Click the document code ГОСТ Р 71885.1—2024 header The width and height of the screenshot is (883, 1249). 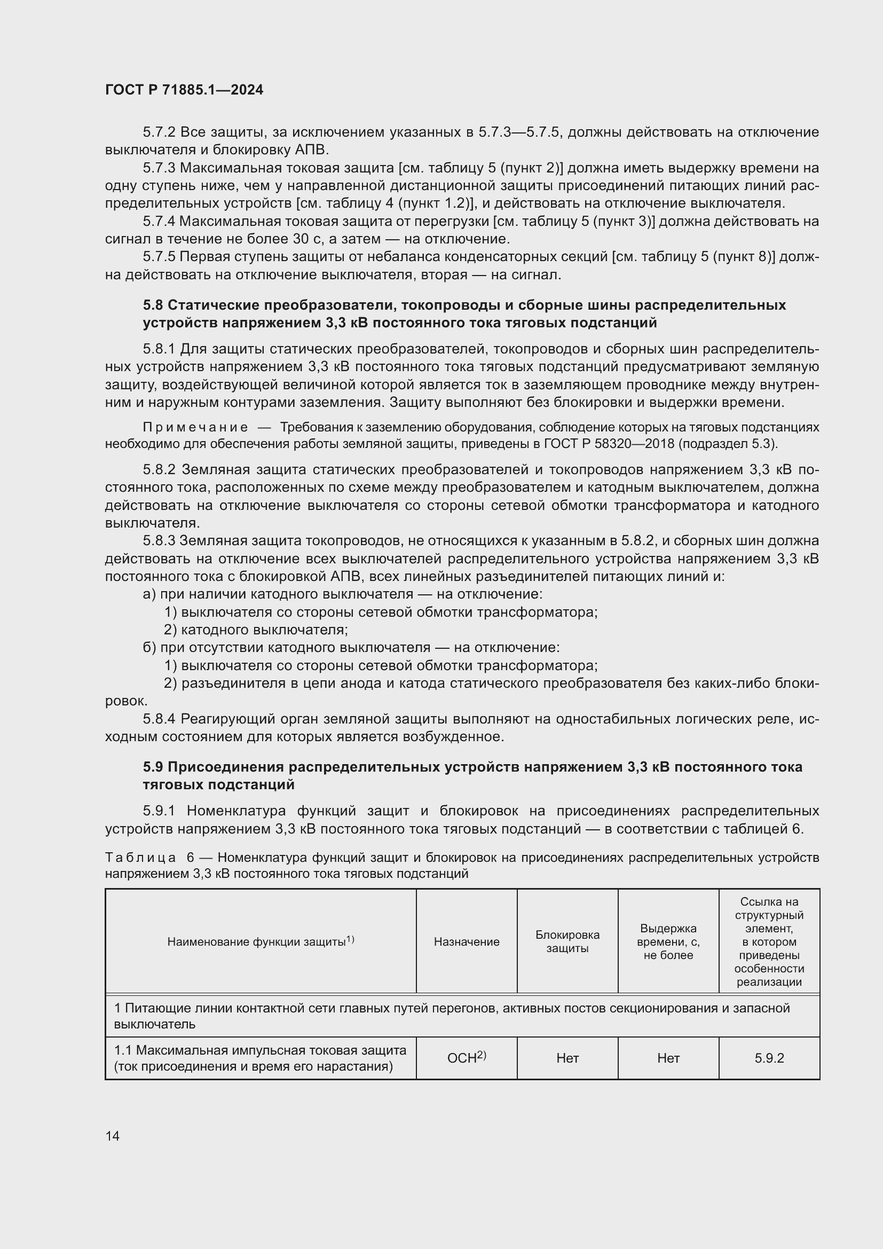[184, 90]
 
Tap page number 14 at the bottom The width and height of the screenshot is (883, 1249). [113, 1136]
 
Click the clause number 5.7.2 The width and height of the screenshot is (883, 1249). [159, 132]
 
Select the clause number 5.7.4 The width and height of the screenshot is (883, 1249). [159, 222]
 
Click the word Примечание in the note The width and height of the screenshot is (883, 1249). [195, 428]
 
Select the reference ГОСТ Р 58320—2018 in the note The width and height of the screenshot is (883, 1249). [609, 444]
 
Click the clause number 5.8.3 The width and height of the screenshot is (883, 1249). [159, 541]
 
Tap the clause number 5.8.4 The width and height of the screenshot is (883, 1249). [159, 719]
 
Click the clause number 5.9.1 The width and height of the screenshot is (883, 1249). [159, 811]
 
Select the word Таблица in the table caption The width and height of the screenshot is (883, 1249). [140, 858]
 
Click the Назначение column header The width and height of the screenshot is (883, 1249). [467, 941]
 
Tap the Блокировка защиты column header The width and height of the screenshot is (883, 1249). [567, 941]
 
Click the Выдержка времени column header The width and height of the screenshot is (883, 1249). [668, 941]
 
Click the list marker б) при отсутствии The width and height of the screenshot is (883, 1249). [149, 648]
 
